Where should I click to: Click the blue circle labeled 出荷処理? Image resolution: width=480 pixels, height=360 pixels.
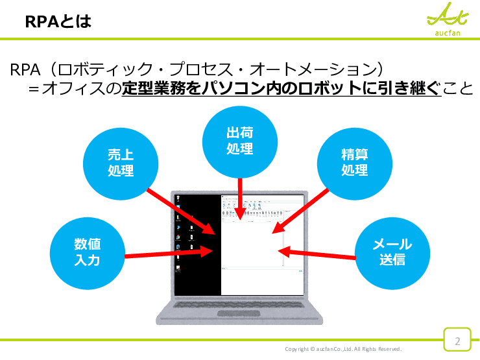tap(239, 141)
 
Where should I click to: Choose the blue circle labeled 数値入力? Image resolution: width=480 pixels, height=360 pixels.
tap(87, 252)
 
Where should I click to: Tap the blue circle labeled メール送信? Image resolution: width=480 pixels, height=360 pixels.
tap(392, 252)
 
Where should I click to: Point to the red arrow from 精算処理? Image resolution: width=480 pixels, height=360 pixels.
tap(301, 210)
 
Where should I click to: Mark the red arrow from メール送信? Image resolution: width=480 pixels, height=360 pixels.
tap(318, 254)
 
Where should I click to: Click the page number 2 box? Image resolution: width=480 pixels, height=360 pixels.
tap(457, 341)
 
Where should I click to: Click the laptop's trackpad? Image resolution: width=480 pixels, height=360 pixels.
tap(239, 314)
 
